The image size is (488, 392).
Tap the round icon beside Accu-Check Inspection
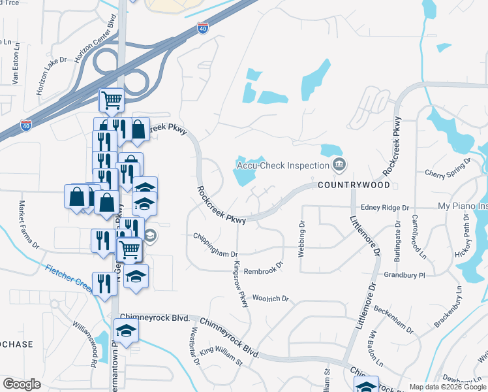click(x=339, y=164)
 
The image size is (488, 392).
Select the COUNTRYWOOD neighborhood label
click(x=348, y=186)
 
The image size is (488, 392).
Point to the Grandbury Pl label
click(x=404, y=276)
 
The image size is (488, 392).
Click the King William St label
click(x=221, y=359)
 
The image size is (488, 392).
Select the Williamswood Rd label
click(x=85, y=336)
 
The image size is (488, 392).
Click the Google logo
click(x=22, y=384)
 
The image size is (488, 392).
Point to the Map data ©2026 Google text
click(x=448, y=387)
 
